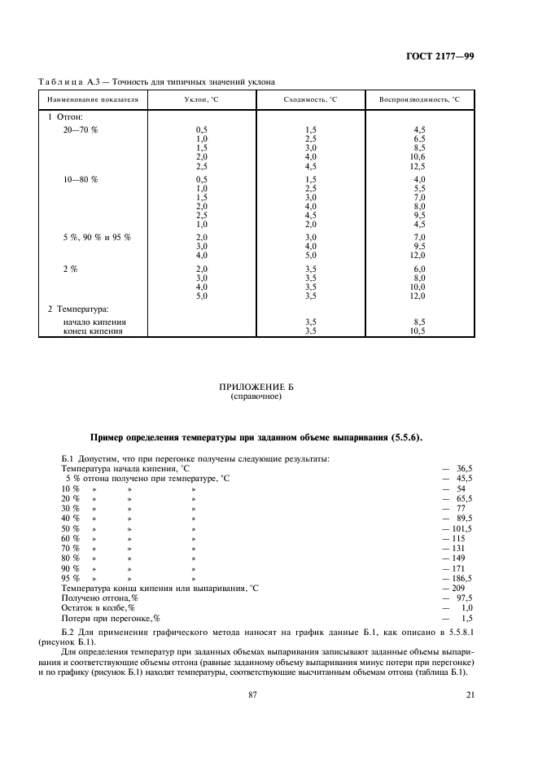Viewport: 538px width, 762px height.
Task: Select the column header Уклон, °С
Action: click(202, 99)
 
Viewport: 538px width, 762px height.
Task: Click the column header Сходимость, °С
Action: click(310, 99)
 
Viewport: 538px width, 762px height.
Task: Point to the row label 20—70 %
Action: click(81, 130)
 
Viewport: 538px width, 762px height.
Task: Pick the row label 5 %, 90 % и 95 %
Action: click(97, 236)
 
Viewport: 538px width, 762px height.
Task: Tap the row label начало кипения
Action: click(94, 322)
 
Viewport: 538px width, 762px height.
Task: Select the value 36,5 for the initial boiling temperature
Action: click(464, 469)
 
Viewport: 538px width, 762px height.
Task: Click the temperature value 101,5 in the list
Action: click(461, 528)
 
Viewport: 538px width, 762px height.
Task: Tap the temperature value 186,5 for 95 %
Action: click(461, 577)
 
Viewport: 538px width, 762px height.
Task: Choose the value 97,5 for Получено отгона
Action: click(464, 597)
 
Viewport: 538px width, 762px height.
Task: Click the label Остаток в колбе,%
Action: click(98, 607)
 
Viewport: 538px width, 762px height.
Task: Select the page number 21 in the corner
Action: click(470, 694)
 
